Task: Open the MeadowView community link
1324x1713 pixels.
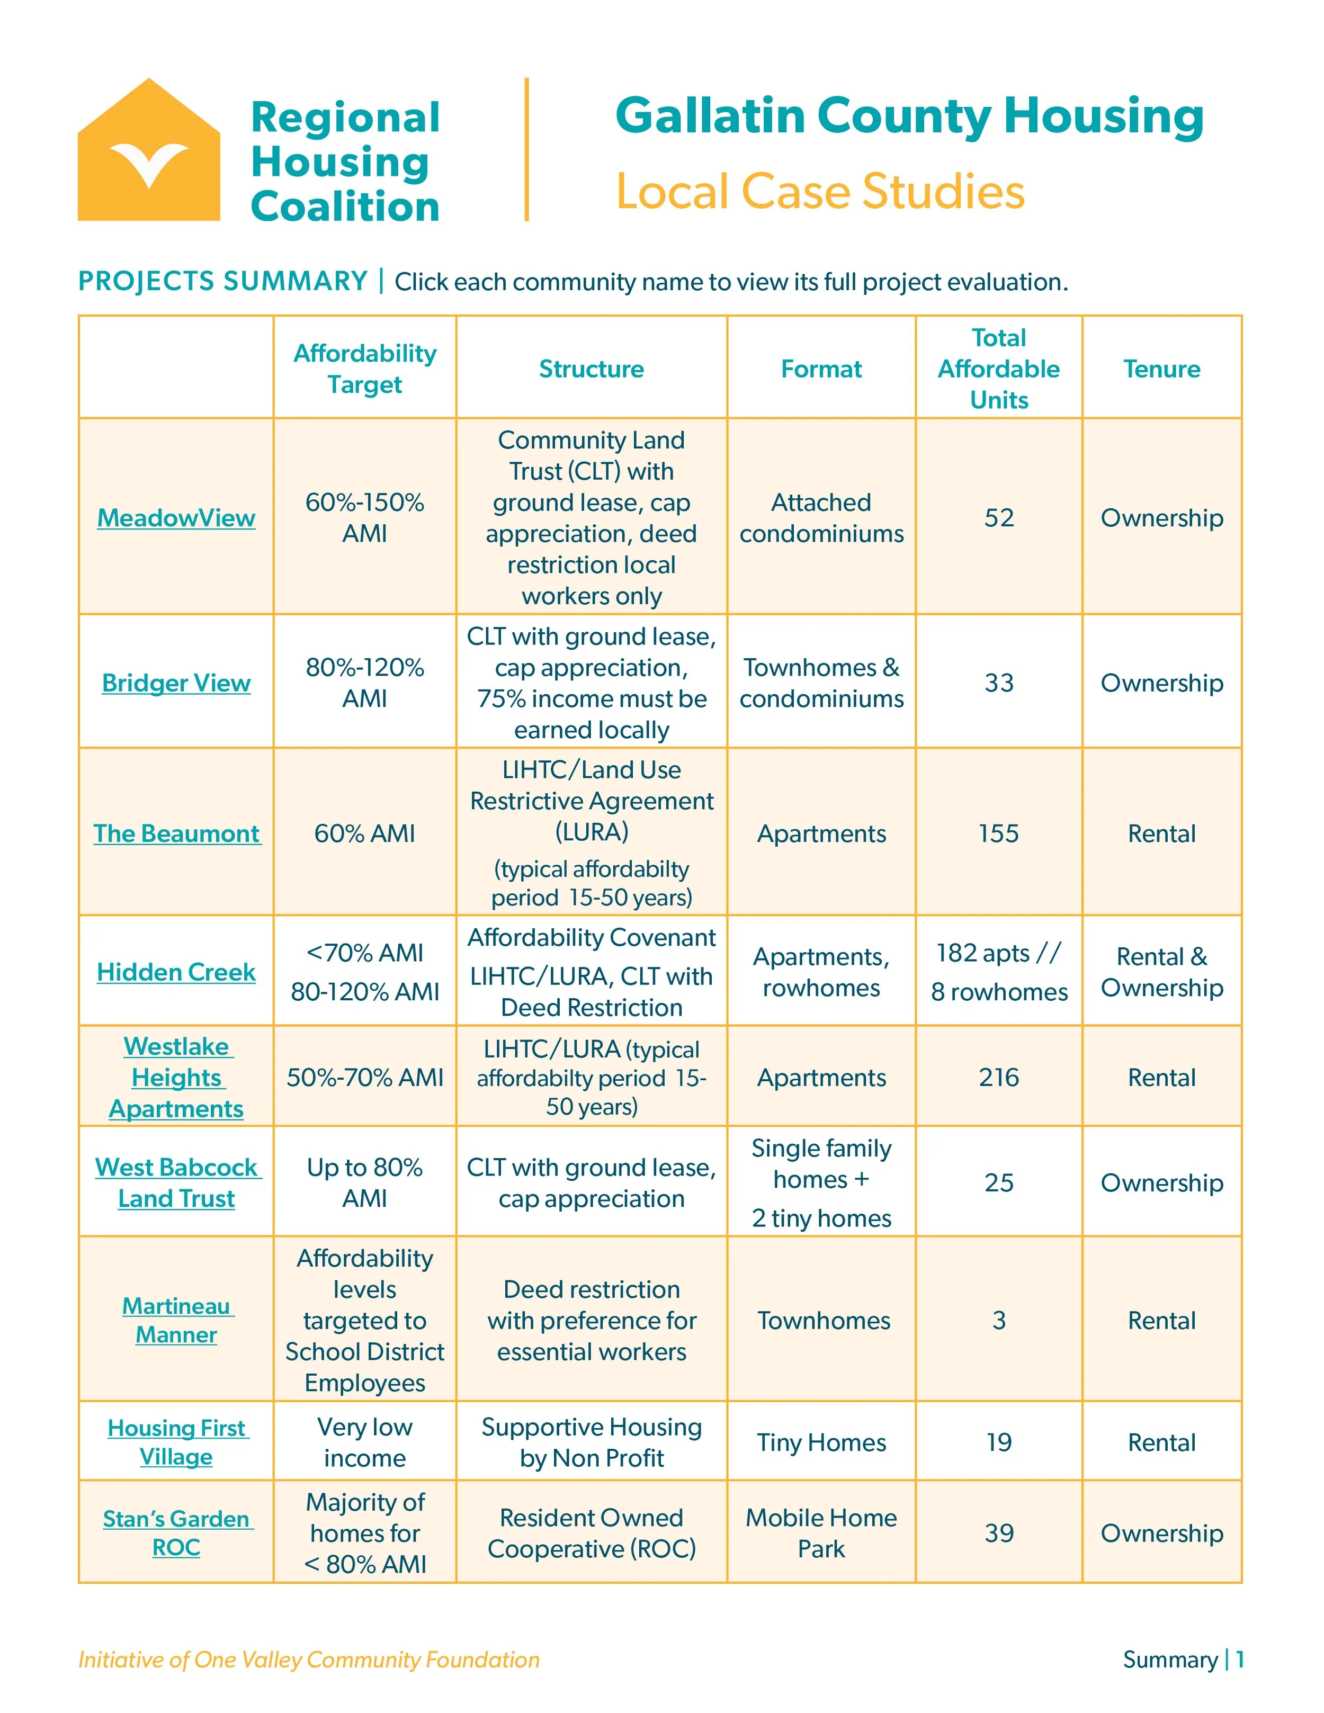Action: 176,518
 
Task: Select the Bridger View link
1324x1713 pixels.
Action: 176,683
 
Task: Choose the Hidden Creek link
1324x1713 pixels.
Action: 176,973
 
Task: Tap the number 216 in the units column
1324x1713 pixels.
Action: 998,1077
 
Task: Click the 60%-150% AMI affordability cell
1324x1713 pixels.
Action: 365,518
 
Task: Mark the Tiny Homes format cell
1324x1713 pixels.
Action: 821,1442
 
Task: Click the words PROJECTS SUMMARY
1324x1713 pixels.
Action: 223,281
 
